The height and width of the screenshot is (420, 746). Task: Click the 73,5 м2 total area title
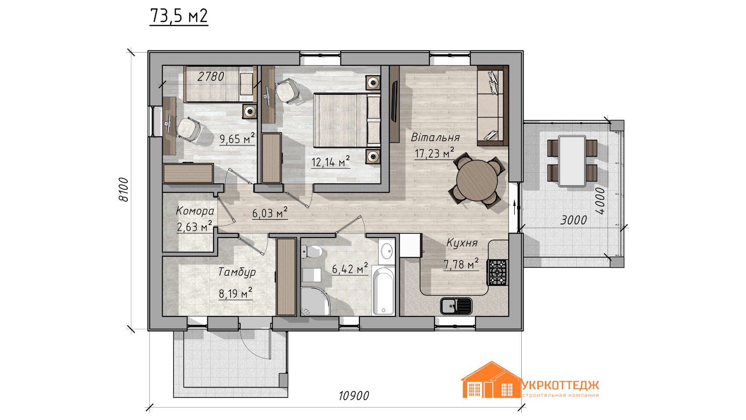pos(179,16)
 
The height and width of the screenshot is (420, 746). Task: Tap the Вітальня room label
pos(435,137)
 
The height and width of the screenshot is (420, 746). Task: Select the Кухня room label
pos(462,243)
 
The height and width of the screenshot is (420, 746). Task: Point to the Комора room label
pos(195,210)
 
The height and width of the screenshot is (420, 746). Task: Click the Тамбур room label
pos(237,272)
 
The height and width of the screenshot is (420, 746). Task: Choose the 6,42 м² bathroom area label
pos(350,268)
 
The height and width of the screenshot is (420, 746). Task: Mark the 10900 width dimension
pos(354,396)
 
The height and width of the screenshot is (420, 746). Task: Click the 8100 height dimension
pos(124,189)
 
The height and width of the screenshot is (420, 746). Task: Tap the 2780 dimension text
pos(210,77)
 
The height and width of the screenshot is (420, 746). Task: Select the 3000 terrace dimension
pos(573,220)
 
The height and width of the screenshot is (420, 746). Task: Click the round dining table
pos(477,180)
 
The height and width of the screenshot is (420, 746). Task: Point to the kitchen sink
pos(456,306)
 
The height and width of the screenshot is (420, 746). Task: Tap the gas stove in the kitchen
pos(497,273)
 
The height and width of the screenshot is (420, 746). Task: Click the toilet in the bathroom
pos(311,252)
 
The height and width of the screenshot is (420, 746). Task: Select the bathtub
pos(383,290)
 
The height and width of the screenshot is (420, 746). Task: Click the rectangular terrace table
pos(572,161)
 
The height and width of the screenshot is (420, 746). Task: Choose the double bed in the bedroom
pos(347,120)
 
